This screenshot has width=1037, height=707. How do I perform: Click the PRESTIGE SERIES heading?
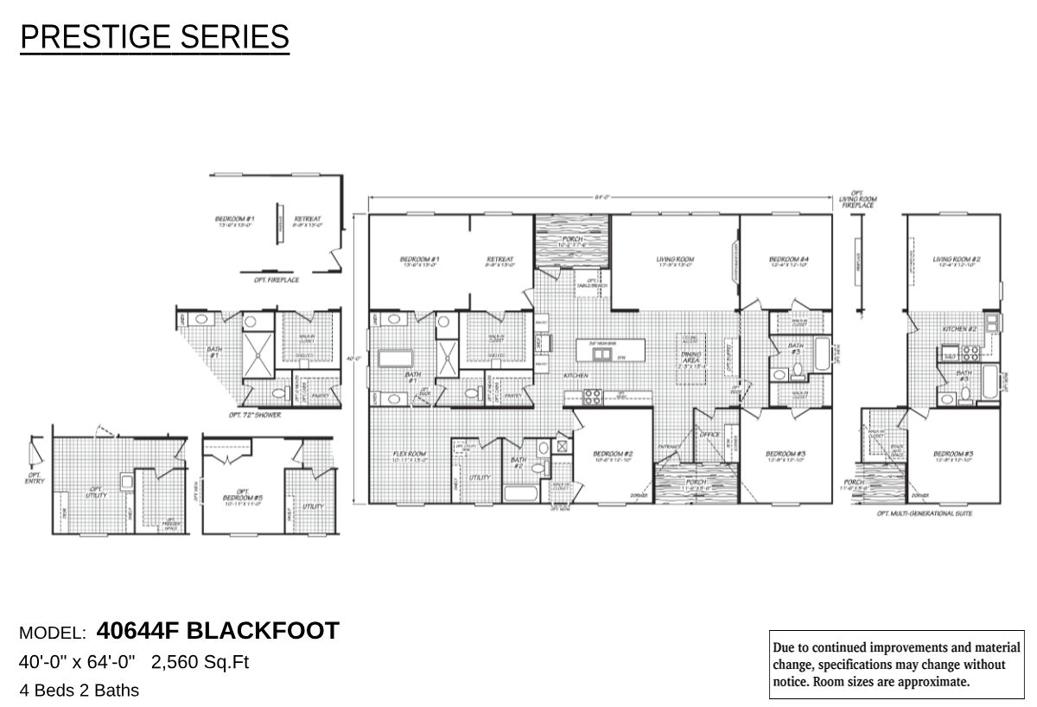point(154,37)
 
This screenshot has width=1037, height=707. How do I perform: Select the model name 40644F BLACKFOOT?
point(218,631)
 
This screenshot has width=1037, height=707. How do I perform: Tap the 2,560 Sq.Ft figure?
point(200,663)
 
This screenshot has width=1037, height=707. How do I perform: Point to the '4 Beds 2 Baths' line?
point(79,691)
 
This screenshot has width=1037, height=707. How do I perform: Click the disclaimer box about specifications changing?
point(896,664)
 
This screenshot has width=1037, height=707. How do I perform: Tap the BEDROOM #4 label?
point(788,259)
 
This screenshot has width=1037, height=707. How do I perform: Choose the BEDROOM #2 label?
point(614,455)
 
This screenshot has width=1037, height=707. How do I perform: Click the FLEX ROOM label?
point(410,455)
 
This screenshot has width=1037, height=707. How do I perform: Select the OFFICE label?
point(710,435)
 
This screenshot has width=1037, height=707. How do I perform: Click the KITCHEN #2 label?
point(959,330)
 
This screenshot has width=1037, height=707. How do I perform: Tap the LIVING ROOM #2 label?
point(956,259)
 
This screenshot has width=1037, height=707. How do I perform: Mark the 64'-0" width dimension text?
point(602,198)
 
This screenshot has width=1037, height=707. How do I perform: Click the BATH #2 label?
point(518,463)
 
